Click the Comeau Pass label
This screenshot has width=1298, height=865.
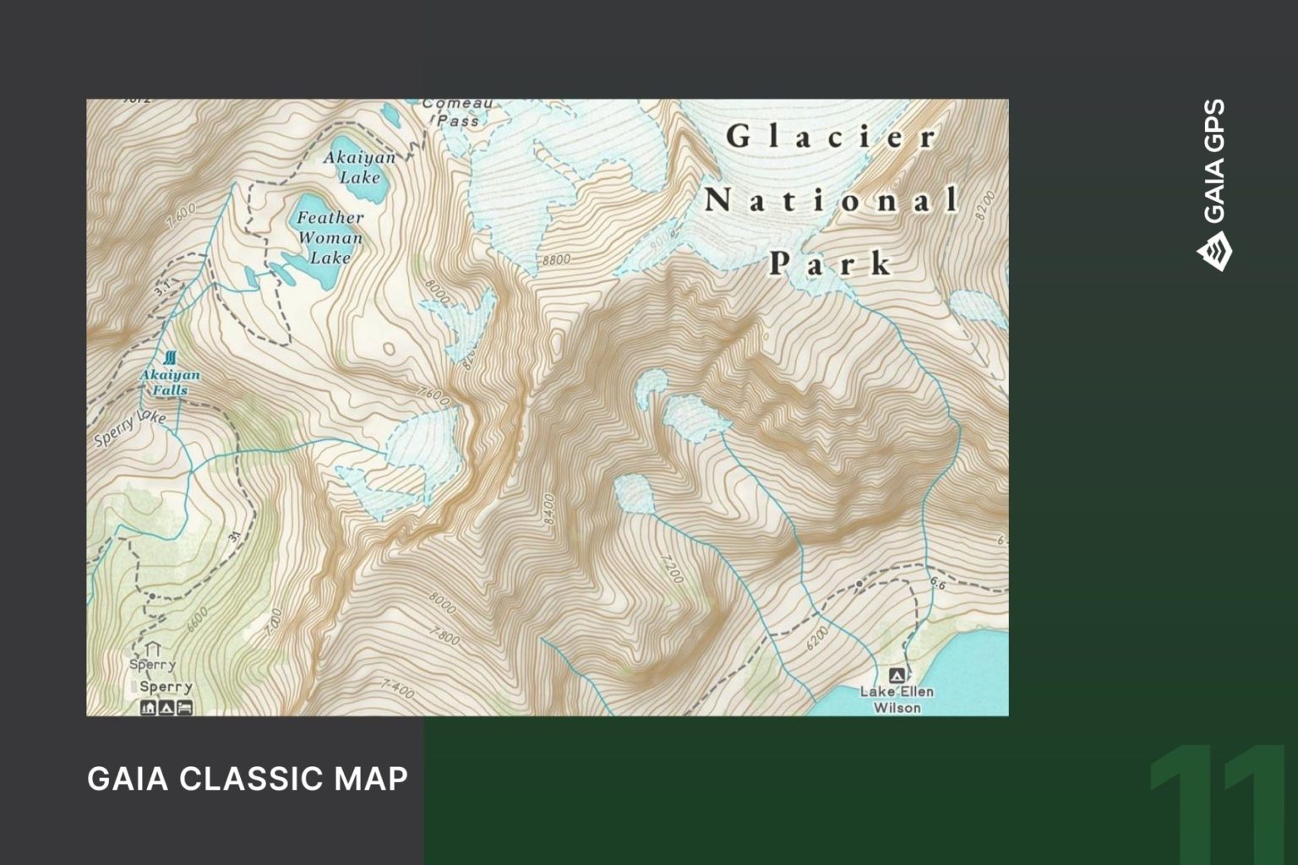point(457,112)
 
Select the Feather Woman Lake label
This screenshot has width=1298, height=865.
point(330,237)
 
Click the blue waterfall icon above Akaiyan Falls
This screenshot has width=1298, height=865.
point(172,357)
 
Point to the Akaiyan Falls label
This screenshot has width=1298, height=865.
point(170,382)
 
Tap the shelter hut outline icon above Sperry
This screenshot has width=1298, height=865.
point(153,648)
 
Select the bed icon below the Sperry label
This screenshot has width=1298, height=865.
point(185,708)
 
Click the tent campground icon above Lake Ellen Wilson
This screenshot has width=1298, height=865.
point(897,675)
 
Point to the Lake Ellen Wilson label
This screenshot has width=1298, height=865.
point(897,699)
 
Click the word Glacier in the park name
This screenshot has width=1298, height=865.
point(832,137)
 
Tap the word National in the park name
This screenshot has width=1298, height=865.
point(832,201)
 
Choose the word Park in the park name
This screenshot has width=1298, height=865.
point(831,264)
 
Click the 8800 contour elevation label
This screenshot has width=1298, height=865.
point(556,259)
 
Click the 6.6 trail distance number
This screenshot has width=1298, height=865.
point(937,583)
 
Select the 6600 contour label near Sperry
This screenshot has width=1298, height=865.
point(197,619)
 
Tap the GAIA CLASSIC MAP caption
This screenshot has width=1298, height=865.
point(248,778)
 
